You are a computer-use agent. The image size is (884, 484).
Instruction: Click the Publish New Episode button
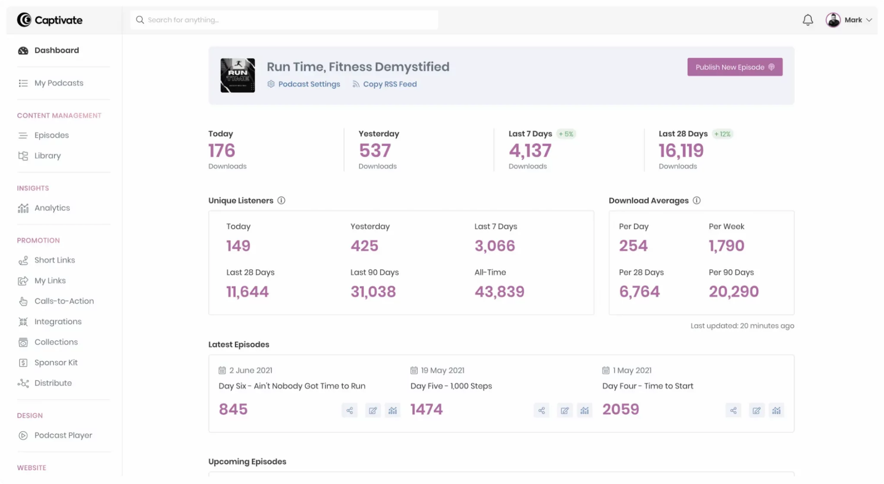point(735,67)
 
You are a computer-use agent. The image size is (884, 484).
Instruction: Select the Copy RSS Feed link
point(384,84)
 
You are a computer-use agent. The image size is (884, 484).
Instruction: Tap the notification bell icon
point(807,20)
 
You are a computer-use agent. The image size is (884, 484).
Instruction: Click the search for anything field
point(284,20)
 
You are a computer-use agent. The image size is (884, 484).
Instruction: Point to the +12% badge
point(723,134)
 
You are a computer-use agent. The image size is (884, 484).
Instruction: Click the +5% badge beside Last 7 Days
point(566,134)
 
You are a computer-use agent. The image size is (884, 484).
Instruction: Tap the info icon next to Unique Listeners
point(281,201)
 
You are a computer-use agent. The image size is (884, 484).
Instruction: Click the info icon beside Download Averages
point(696,201)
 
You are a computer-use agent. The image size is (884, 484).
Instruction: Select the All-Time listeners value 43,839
point(499,292)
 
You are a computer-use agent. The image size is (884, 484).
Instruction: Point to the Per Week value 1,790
point(727,246)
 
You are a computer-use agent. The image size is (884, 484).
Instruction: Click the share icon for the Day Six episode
point(349,411)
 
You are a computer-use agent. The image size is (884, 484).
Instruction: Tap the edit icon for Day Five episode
point(565,411)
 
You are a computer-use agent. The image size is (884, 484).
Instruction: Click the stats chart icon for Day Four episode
point(776,411)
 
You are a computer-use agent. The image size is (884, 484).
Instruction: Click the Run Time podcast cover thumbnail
point(237,75)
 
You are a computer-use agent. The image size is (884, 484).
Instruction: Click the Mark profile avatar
point(833,20)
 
